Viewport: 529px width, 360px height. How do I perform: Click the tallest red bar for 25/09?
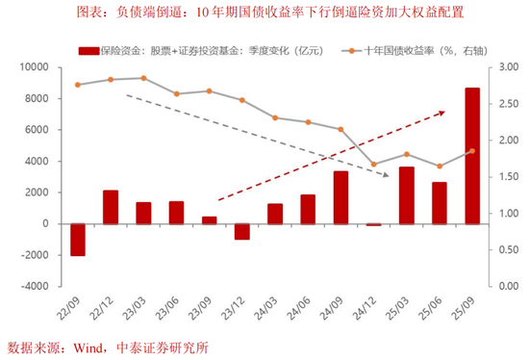[472, 156]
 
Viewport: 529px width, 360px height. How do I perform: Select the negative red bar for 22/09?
[78, 240]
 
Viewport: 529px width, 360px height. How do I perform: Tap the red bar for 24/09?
[340, 197]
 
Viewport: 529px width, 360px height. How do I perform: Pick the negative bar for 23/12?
[241, 231]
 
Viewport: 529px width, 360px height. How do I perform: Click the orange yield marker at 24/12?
[373, 164]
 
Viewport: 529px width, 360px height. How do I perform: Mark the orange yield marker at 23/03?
[143, 78]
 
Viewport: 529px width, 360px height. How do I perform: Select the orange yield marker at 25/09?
[472, 151]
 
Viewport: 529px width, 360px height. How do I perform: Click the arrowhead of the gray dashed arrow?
[388, 174]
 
